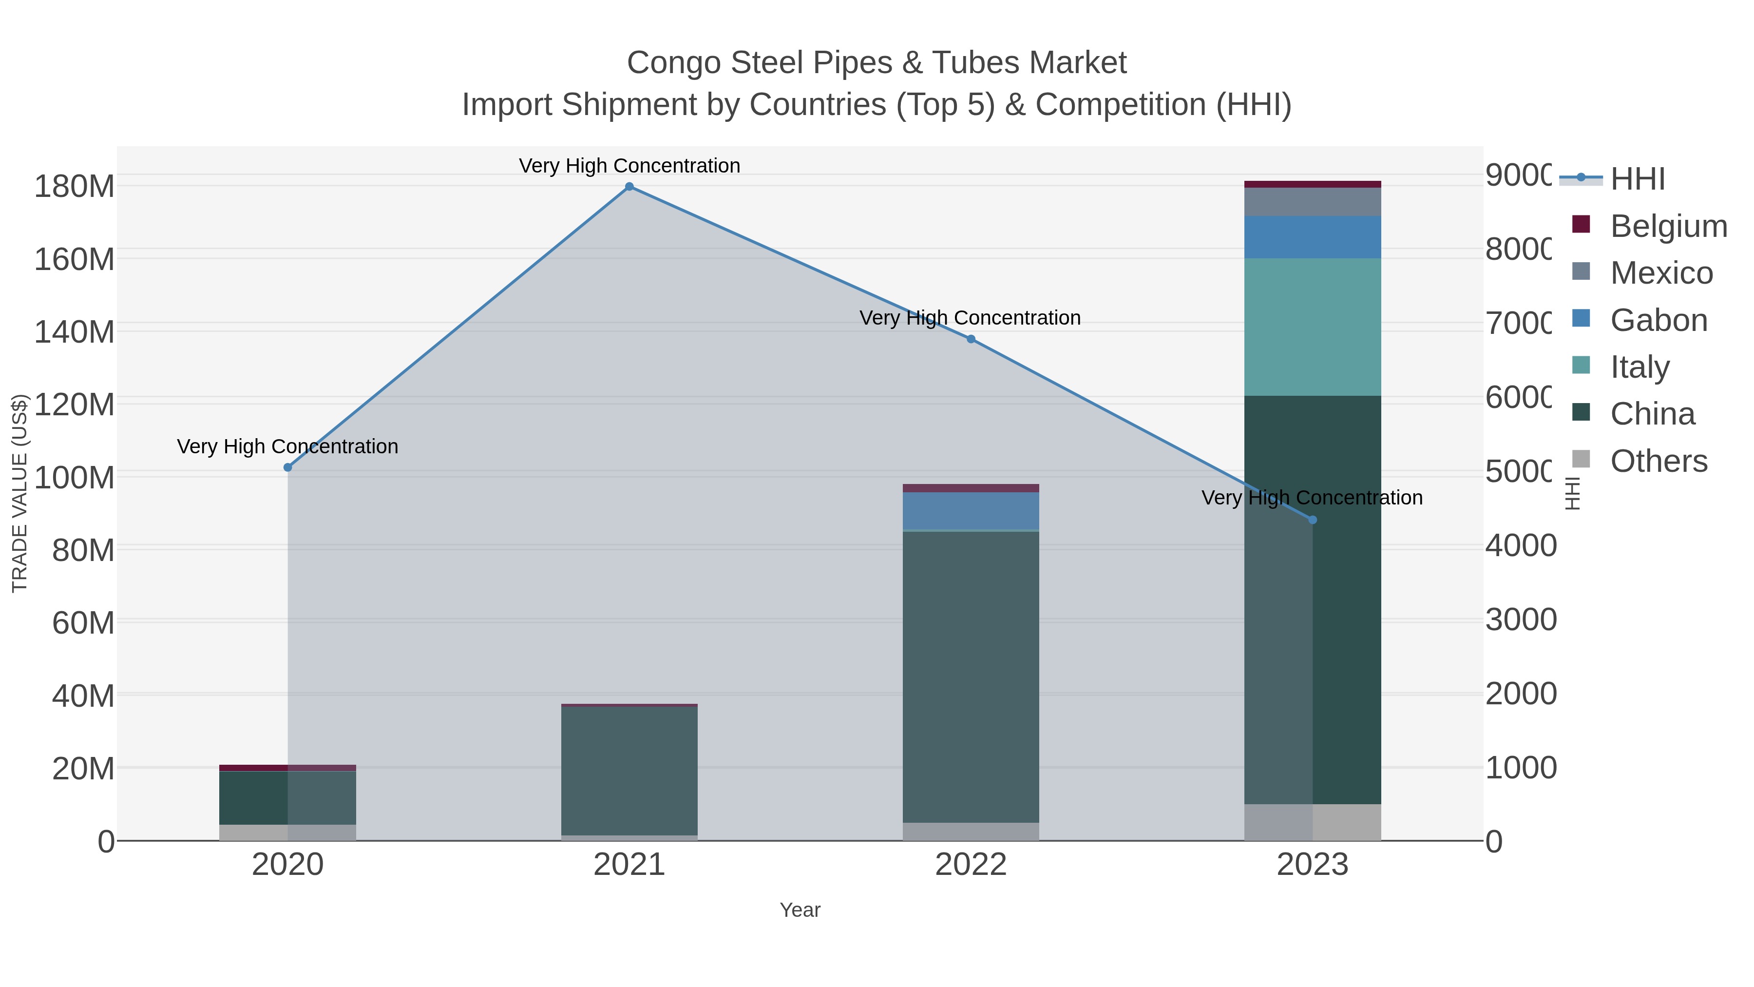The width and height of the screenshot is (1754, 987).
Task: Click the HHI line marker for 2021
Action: (629, 187)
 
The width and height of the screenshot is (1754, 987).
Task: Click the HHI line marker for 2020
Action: (287, 467)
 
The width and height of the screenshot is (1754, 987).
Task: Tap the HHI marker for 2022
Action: (971, 339)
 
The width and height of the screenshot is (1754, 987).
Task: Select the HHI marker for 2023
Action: (1313, 520)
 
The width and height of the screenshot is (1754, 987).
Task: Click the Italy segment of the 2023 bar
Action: (1312, 327)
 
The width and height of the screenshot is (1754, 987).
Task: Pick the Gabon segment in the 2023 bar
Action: (1312, 237)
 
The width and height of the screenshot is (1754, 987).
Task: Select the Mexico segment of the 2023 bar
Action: (1312, 202)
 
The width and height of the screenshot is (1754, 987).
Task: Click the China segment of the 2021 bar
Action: (629, 770)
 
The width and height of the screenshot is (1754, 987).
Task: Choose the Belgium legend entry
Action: (1668, 226)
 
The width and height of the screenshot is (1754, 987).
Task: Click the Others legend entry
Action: (1659, 461)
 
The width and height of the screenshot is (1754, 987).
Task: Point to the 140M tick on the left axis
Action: (74, 332)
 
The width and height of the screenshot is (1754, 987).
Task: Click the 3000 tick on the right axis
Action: (1521, 620)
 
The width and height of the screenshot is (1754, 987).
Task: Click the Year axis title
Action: (800, 910)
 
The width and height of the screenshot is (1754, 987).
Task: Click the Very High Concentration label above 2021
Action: (629, 166)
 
